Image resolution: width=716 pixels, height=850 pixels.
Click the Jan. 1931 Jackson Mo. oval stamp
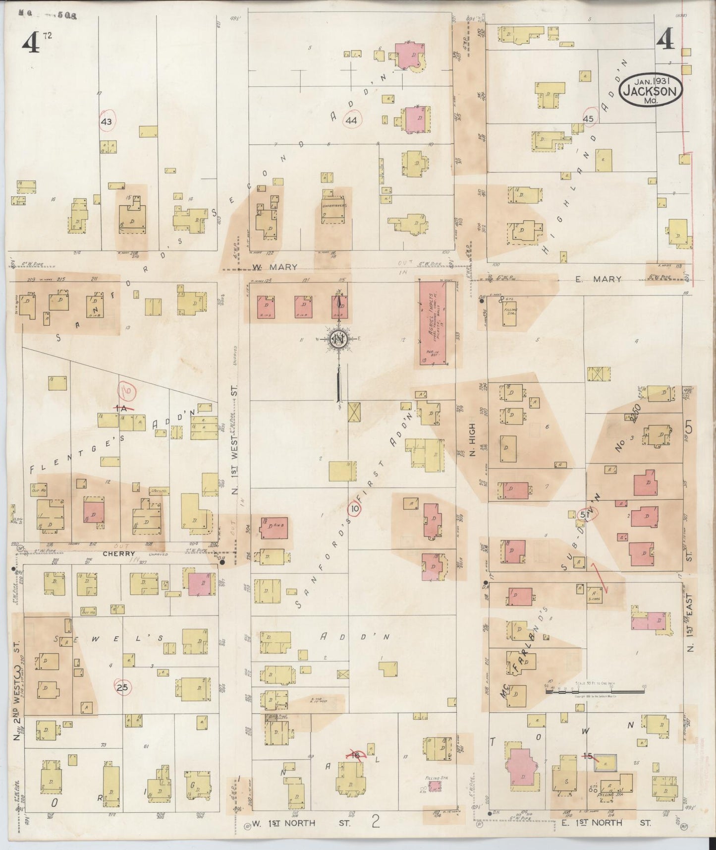coord(650,90)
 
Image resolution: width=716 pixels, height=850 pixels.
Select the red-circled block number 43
coord(107,121)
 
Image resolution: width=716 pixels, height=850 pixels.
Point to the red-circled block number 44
coord(352,120)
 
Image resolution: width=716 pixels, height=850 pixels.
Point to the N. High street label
coord(472,439)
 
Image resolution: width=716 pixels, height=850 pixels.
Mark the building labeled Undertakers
coord(334,205)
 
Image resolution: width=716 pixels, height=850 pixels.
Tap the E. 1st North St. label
coord(606,823)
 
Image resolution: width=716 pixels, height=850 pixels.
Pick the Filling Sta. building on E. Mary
coord(510,314)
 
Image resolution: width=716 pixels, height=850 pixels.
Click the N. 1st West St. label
coord(235,452)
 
